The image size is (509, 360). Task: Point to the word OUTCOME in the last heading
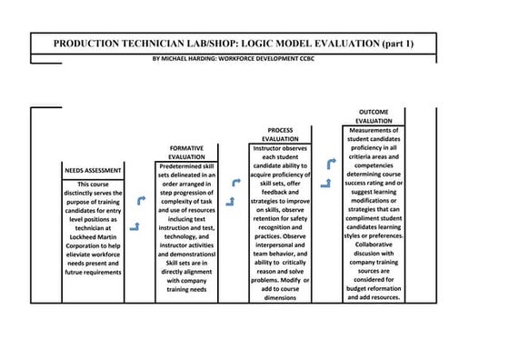[374, 111]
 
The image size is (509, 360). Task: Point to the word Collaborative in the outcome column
[374, 244]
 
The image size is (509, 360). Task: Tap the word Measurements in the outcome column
[374, 131]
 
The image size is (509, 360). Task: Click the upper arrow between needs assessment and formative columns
[140, 200]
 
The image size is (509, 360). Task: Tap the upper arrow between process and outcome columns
[332, 164]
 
